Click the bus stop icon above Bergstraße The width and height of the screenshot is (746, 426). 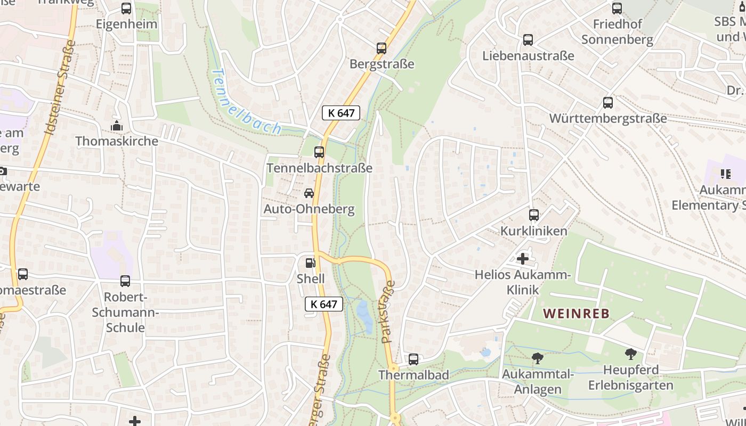click(x=382, y=48)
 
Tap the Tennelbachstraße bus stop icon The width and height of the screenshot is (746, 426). click(x=319, y=152)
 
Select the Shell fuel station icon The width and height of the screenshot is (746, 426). click(x=310, y=263)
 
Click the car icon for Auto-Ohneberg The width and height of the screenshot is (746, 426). click(x=309, y=193)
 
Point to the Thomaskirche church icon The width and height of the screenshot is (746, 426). click(x=117, y=126)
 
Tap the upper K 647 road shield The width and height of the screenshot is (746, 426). click(x=341, y=113)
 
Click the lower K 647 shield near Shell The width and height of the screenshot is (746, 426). click(x=323, y=304)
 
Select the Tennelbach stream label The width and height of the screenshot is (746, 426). click(x=246, y=102)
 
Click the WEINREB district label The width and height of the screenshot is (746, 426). click(x=576, y=314)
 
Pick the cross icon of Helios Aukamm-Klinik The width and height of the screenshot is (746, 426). click(x=523, y=259)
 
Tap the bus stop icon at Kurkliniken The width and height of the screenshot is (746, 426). click(x=534, y=215)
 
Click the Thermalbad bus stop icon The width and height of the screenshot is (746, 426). click(x=413, y=359)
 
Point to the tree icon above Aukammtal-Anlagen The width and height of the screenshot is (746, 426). click(x=538, y=358)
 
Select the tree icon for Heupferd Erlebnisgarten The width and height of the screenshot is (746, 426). click(x=631, y=354)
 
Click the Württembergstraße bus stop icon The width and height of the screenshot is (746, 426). click(x=608, y=103)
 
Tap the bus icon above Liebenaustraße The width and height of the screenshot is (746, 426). click(x=528, y=40)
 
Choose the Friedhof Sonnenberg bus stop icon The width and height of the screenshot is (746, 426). click(x=617, y=9)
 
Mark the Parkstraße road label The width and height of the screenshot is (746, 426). click(x=388, y=312)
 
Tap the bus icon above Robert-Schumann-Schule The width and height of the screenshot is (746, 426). click(x=125, y=281)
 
